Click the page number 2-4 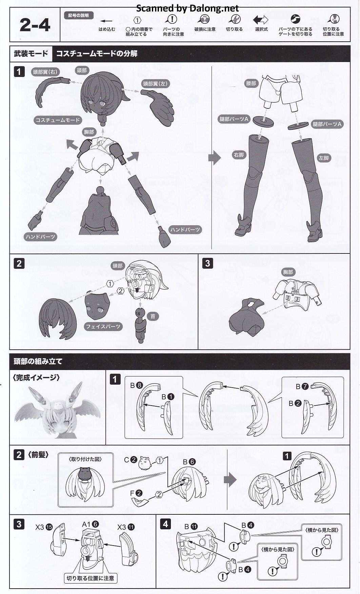click(35, 25)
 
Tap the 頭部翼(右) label click(45, 72)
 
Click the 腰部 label click(251, 83)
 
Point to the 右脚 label click(239, 155)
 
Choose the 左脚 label click(324, 158)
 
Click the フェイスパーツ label click(103, 327)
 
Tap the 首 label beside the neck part click(153, 316)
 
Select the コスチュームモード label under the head click(58, 120)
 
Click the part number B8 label click(136, 385)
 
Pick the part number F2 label click(136, 493)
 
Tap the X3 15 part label click(44, 527)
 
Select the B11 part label click(191, 527)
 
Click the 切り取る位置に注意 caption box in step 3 click(90, 578)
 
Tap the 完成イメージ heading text click(36, 377)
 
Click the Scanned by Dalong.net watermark click(187, 8)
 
